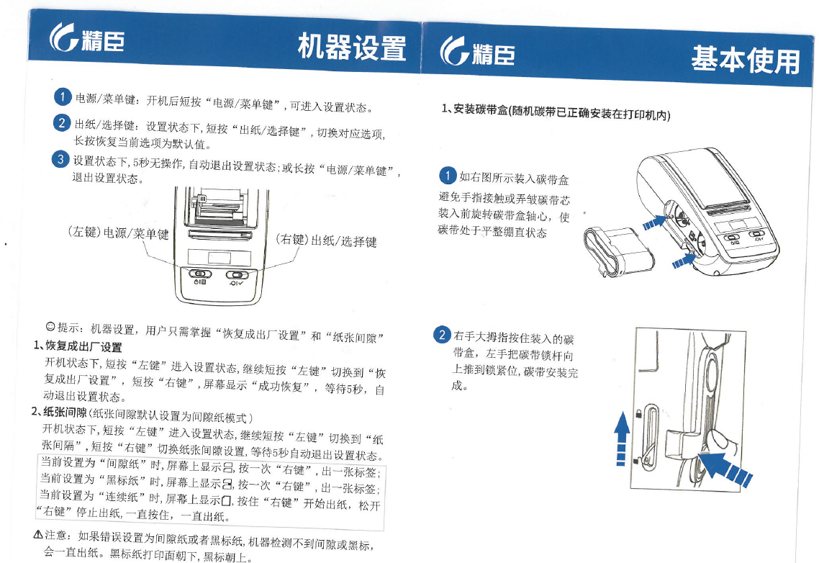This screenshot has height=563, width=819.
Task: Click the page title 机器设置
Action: (x=351, y=48)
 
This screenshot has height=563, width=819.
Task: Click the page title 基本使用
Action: (x=746, y=60)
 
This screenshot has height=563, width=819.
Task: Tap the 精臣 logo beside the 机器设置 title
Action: (x=87, y=38)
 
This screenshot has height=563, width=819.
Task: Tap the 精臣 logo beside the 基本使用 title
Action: (x=477, y=51)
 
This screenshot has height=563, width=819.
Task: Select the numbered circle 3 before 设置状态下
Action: (x=60, y=159)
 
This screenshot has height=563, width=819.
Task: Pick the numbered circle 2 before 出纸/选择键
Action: (x=62, y=123)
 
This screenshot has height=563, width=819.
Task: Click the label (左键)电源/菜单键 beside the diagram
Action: (x=118, y=233)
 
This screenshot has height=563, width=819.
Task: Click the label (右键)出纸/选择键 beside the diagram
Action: (x=326, y=240)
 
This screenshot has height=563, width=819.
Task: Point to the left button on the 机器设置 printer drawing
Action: (x=200, y=274)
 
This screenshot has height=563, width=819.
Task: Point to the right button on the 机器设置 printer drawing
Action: (x=237, y=275)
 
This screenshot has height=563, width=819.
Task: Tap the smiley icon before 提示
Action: (x=50, y=326)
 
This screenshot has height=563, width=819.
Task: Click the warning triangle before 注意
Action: (x=38, y=534)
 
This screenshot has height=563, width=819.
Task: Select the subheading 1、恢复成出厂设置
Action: (x=78, y=346)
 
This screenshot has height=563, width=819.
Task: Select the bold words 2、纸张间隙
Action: (x=59, y=412)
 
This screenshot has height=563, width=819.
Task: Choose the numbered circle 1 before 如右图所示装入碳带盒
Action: (x=448, y=176)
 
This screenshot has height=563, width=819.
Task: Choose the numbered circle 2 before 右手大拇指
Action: (x=443, y=335)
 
